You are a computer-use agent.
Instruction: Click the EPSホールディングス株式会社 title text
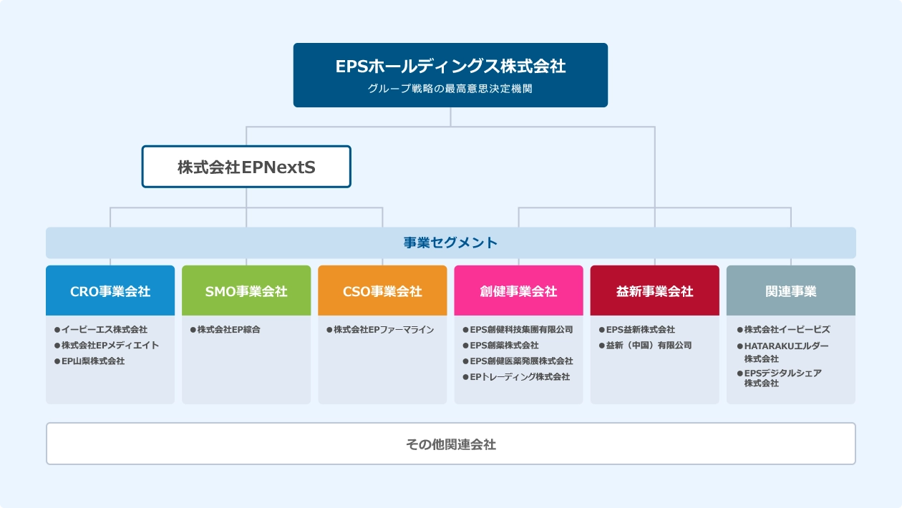(450, 67)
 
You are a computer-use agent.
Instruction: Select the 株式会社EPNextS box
(246, 167)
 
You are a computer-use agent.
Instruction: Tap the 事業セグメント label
(450, 243)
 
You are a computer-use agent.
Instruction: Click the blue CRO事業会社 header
(110, 290)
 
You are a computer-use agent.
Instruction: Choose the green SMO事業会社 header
(246, 290)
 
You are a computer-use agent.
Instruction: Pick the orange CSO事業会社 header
(382, 290)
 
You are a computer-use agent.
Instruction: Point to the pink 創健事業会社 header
(518, 290)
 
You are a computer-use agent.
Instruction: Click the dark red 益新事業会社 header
(655, 290)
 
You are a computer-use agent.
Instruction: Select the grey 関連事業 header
(791, 290)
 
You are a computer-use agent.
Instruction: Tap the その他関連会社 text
(450, 444)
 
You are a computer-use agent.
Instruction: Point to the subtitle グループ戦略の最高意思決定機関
(450, 89)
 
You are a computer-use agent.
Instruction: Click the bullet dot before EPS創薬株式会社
(466, 346)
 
